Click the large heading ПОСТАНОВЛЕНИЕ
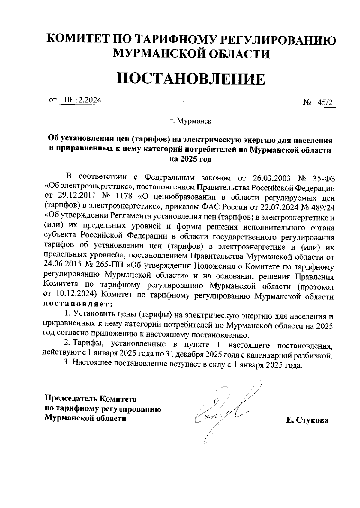[191, 79]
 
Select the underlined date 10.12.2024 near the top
[82, 100]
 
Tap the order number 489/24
[322, 206]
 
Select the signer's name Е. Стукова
[307, 420]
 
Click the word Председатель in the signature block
[71, 399]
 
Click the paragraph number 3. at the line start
[67, 365]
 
